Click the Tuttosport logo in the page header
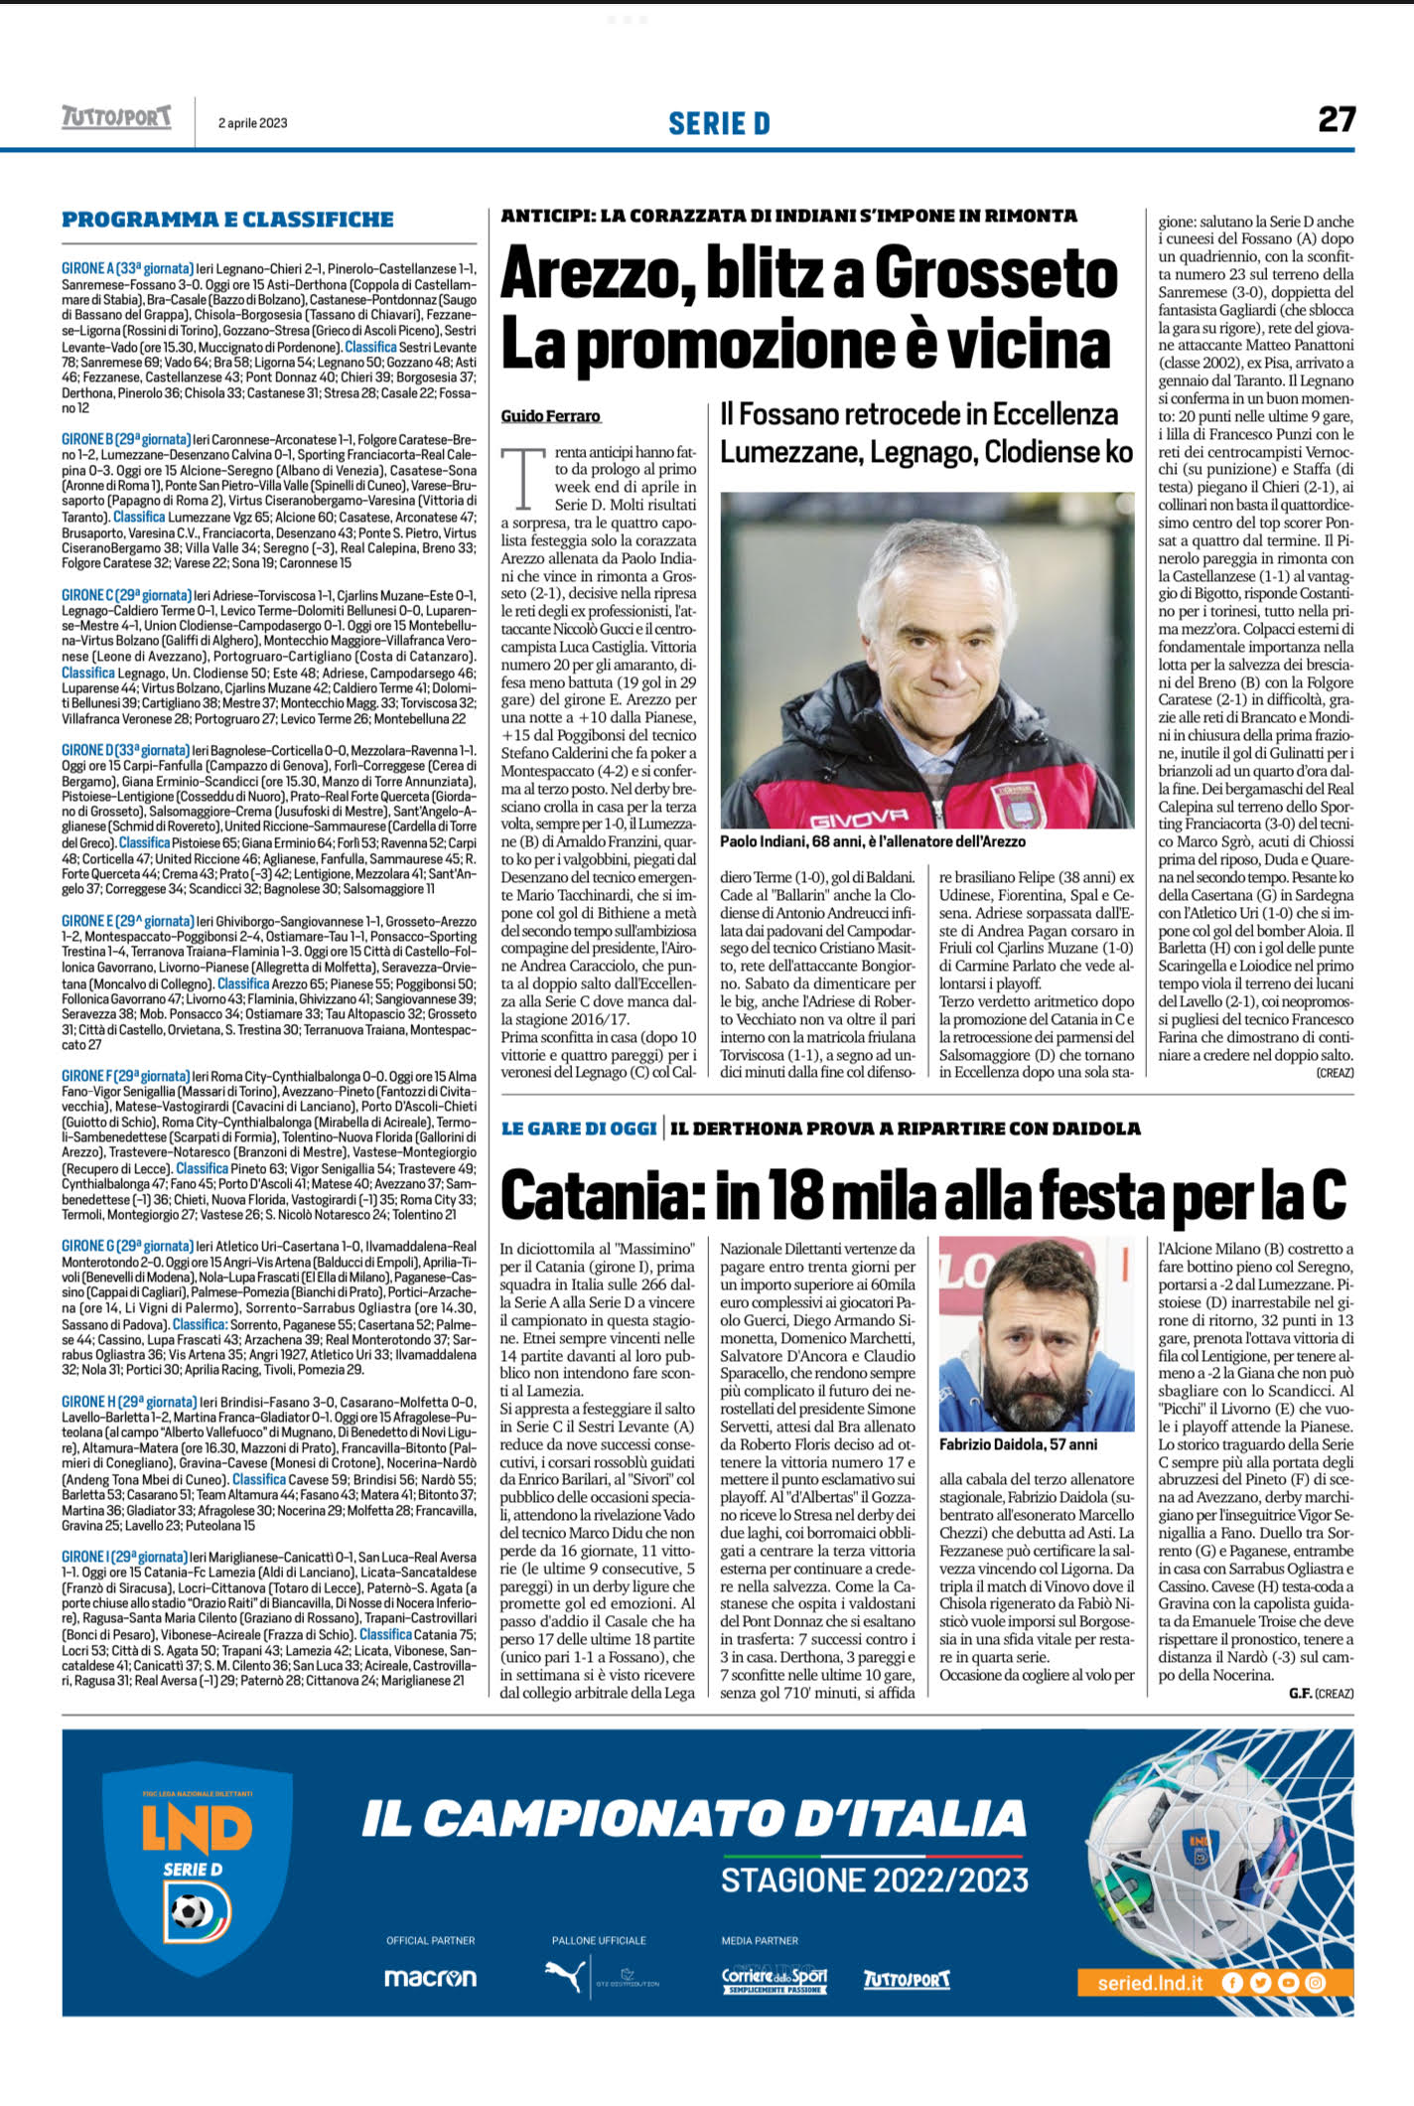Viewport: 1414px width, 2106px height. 116,118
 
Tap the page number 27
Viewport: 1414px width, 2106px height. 1336,120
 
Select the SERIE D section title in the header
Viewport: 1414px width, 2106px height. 719,123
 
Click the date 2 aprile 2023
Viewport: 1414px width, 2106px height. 253,123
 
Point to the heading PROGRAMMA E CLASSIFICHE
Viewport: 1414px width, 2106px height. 227,220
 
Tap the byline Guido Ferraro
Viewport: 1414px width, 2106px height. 551,415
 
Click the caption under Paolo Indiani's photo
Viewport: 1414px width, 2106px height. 872,841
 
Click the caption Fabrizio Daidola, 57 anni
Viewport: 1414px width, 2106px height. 1018,1443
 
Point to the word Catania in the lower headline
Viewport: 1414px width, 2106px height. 599,1195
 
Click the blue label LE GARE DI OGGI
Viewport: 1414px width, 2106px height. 579,1128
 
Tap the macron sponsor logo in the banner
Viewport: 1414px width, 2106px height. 430,1978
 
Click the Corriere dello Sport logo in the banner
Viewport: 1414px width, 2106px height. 774,1978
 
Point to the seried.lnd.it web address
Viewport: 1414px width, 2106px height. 1150,1983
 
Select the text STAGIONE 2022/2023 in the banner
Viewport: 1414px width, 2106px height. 874,1880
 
